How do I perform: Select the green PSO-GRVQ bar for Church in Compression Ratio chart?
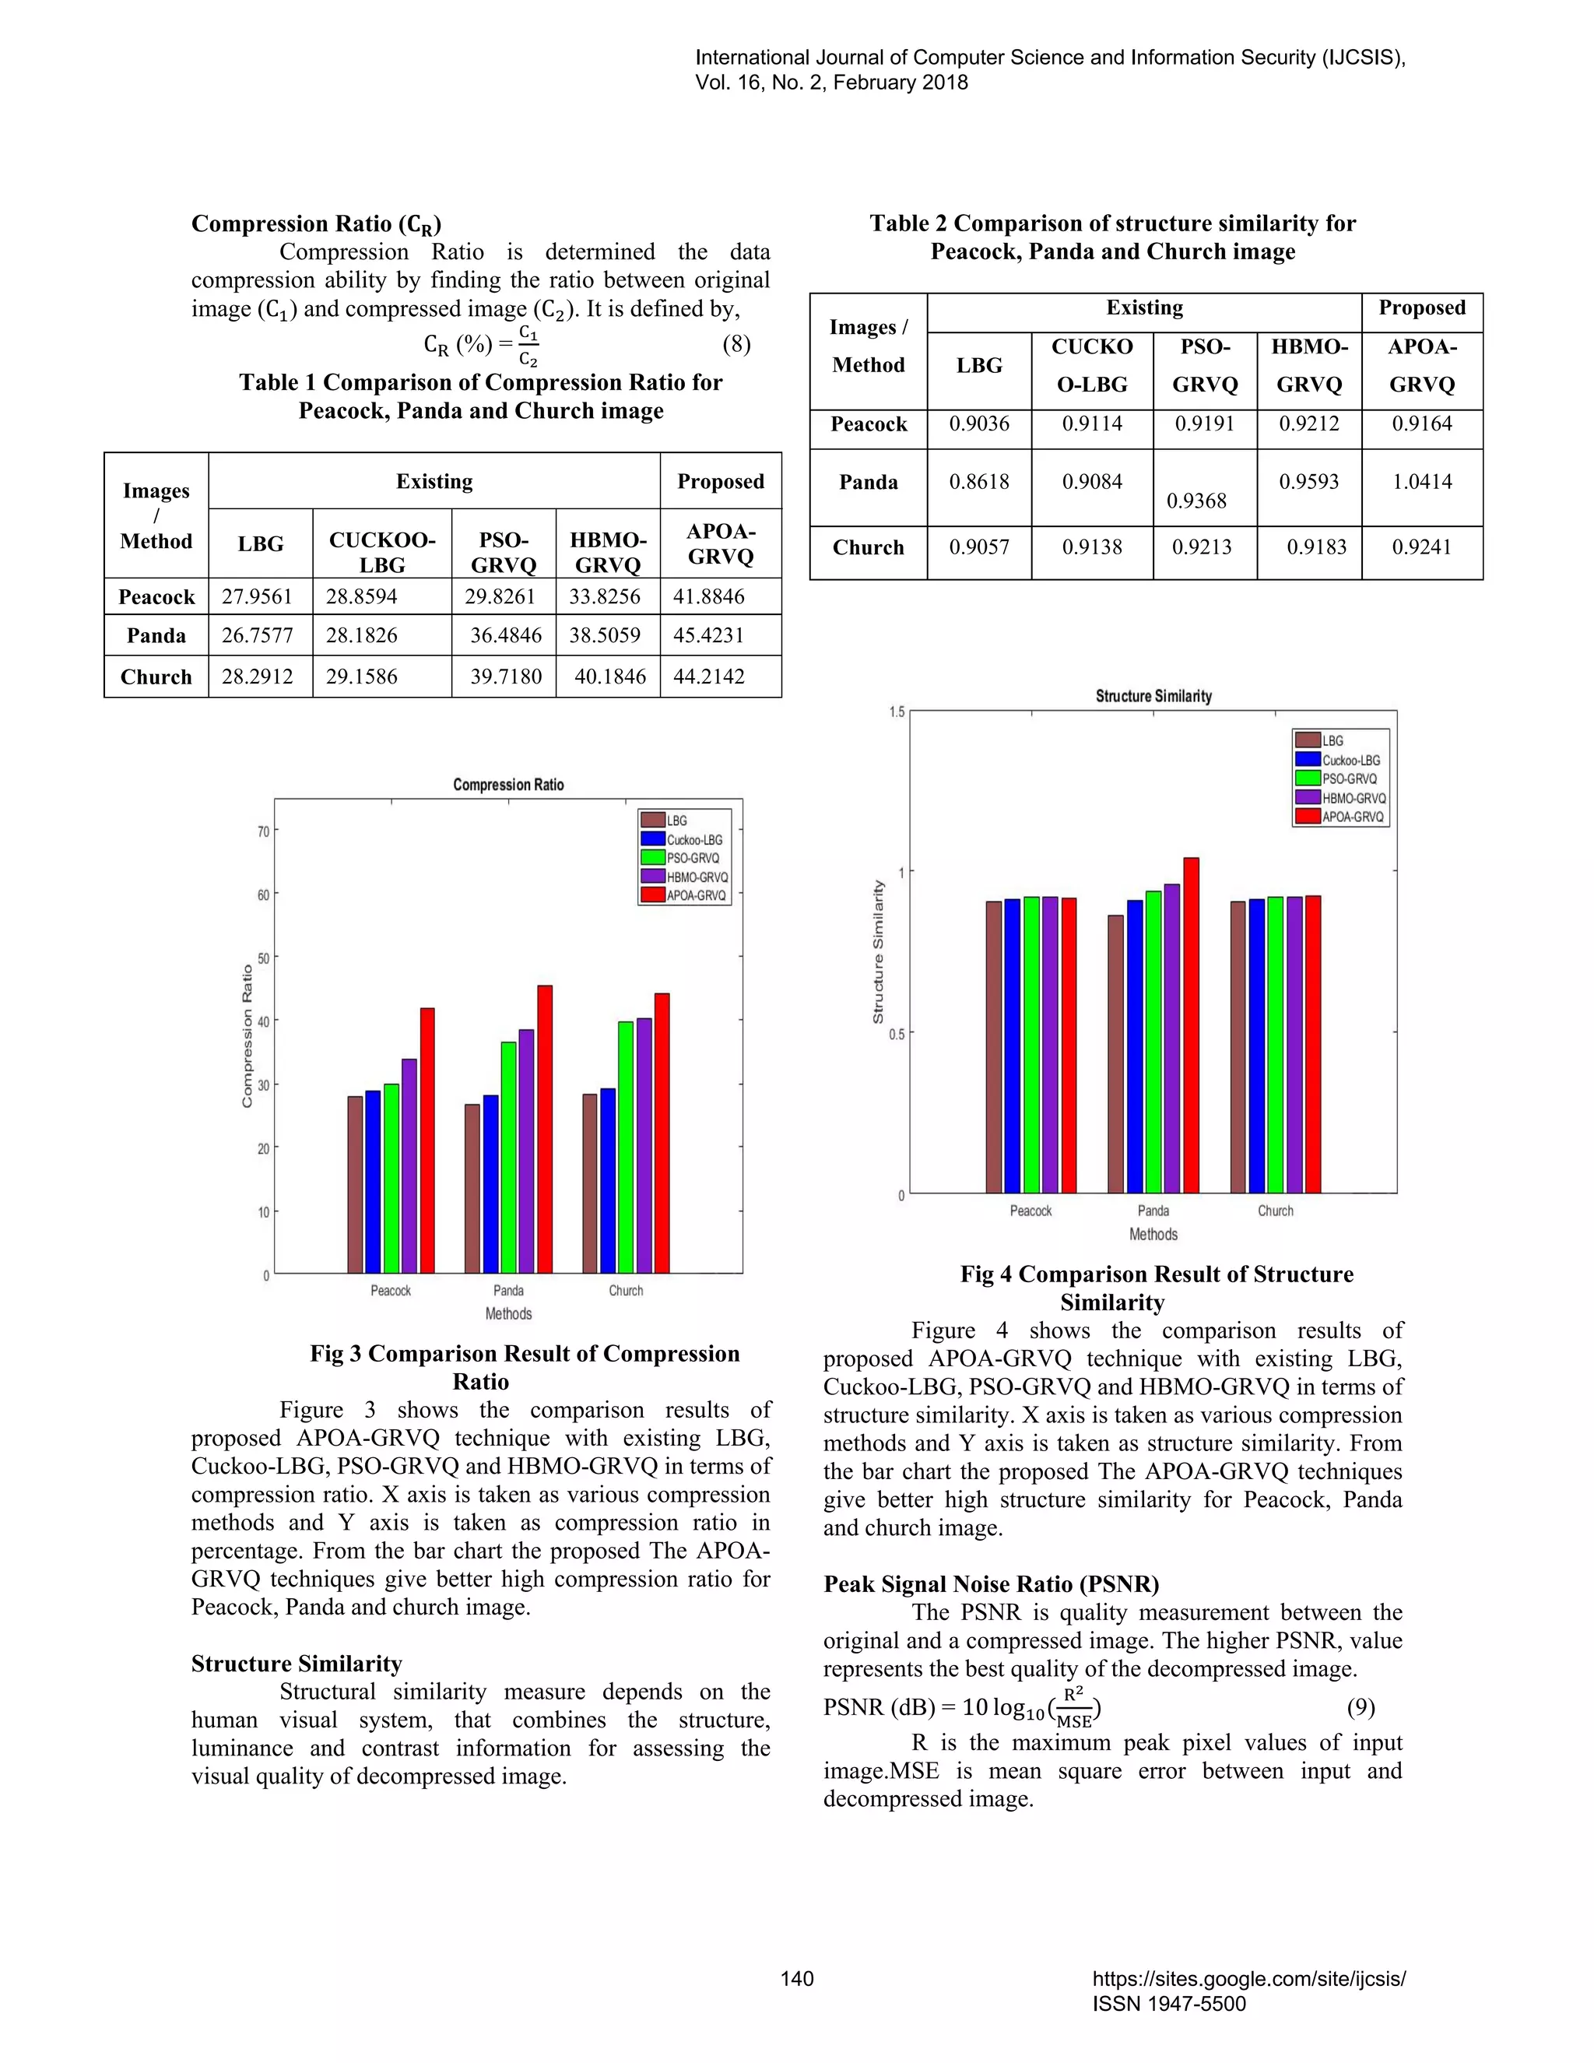click(x=626, y=1147)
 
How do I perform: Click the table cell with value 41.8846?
click(x=709, y=597)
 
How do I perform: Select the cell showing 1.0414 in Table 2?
click(x=1421, y=482)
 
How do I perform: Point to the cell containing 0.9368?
click(x=1195, y=501)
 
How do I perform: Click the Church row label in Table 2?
click(x=868, y=548)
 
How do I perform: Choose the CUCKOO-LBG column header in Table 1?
click(x=381, y=552)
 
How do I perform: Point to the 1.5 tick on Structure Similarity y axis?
click(x=896, y=712)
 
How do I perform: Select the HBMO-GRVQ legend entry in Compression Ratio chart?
click(x=696, y=877)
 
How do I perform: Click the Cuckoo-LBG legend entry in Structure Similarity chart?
click(x=1350, y=761)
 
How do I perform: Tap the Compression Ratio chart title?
click(x=508, y=785)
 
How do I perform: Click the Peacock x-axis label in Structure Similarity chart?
click(x=1030, y=1211)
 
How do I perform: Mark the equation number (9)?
click(x=1360, y=1707)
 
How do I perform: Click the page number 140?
click(x=797, y=1978)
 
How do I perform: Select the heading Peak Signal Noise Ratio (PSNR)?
click(x=991, y=1584)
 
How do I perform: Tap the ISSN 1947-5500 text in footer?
click(x=1169, y=2004)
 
